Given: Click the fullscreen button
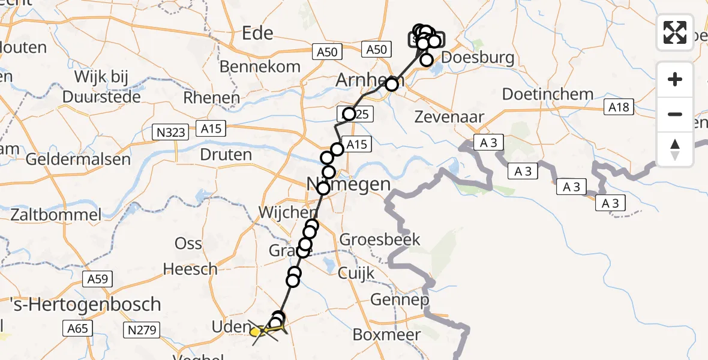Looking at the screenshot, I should (x=675, y=32).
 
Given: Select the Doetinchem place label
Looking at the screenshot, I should (x=548, y=94).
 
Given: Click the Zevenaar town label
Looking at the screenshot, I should (x=449, y=117).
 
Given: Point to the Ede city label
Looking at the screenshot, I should (x=257, y=33).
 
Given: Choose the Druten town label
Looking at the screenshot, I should (x=226, y=155).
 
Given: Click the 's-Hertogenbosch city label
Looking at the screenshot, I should (x=80, y=304).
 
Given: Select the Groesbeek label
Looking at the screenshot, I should (x=380, y=239).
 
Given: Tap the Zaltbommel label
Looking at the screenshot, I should (x=55, y=214).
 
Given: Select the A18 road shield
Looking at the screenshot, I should (x=618, y=107).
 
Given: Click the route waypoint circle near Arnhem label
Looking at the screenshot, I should (x=392, y=84).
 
